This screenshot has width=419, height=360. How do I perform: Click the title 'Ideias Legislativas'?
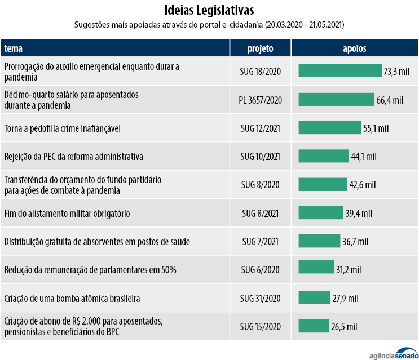pyautogui.click(x=209, y=10)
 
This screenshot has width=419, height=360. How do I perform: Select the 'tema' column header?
pyautogui.click(x=14, y=48)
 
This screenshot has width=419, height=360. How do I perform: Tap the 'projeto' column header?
pyautogui.click(x=260, y=48)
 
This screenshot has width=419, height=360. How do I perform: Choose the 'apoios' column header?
pyautogui.click(x=354, y=48)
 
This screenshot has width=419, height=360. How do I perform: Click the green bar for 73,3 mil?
pyautogui.click(x=339, y=71)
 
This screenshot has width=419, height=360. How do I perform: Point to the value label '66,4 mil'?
pyautogui.click(x=390, y=100)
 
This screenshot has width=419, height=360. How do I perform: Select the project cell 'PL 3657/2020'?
pyautogui.click(x=260, y=100)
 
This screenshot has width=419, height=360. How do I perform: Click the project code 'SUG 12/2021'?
pyautogui.click(x=260, y=128)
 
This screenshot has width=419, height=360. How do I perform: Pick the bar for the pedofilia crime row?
pyautogui.click(x=329, y=128)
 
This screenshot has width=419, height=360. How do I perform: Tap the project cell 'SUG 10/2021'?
pyautogui.click(x=260, y=156)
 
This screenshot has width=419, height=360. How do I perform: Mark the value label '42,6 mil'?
pyautogui.click(x=362, y=185)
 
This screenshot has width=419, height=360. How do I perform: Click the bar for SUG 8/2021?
pyautogui.click(x=320, y=213)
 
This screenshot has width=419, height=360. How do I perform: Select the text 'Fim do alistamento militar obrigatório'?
pyautogui.click(x=67, y=214)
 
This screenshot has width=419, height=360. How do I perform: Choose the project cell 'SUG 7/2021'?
pyautogui.click(x=260, y=242)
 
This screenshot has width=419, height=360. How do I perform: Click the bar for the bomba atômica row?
pyautogui.click(x=314, y=297)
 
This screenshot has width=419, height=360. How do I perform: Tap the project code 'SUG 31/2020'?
pyautogui.click(x=260, y=298)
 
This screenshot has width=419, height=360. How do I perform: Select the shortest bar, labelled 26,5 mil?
pyautogui.click(x=313, y=326)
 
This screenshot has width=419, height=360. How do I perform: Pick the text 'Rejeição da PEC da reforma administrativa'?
pyautogui.click(x=73, y=156)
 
